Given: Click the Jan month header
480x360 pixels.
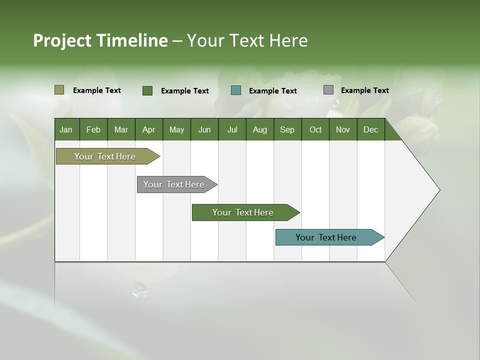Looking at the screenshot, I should [66, 130].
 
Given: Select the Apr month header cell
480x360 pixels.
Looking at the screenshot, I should [148, 130].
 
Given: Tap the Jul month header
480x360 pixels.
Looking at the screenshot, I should [232, 130].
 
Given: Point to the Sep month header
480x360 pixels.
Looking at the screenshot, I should [287, 130].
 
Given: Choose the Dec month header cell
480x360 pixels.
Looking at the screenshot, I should [370, 130].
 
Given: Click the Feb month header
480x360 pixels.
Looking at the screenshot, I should [93, 130].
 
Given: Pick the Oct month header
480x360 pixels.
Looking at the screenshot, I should [315, 130].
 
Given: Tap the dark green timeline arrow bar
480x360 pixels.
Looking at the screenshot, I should [243, 212].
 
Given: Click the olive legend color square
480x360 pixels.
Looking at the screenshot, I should [59, 90].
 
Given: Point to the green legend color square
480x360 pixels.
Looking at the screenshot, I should [147, 90].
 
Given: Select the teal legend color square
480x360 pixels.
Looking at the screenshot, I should [236, 90].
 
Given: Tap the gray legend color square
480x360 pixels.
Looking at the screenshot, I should [328, 90].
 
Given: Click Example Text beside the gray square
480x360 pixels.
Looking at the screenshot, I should [364, 90].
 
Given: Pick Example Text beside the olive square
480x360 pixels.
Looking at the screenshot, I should [97, 90].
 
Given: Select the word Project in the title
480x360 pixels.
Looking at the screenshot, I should [62, 40].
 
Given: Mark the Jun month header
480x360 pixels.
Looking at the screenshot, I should [204, 130].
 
